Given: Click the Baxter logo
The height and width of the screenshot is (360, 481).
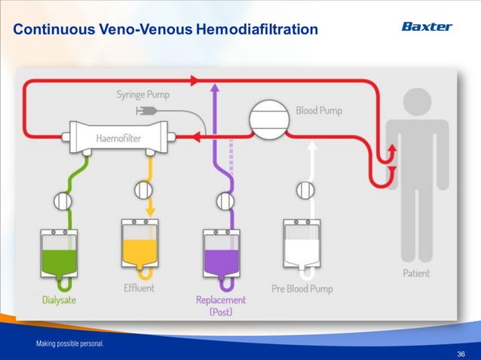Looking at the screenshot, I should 426,27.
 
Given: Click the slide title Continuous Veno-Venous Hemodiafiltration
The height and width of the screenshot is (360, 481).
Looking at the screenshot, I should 166,30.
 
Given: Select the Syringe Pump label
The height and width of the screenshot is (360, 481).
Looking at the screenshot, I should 142,95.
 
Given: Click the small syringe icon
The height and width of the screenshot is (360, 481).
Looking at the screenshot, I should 144,111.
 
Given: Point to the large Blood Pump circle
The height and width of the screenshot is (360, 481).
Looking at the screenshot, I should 271,121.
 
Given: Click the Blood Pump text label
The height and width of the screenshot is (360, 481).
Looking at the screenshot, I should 318,111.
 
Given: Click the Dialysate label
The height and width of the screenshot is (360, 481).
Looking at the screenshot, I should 59,300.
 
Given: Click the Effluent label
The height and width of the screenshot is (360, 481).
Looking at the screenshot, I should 139,288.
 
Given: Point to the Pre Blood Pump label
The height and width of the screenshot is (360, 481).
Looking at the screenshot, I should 302,288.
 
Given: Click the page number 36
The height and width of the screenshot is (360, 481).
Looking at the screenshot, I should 461,352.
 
